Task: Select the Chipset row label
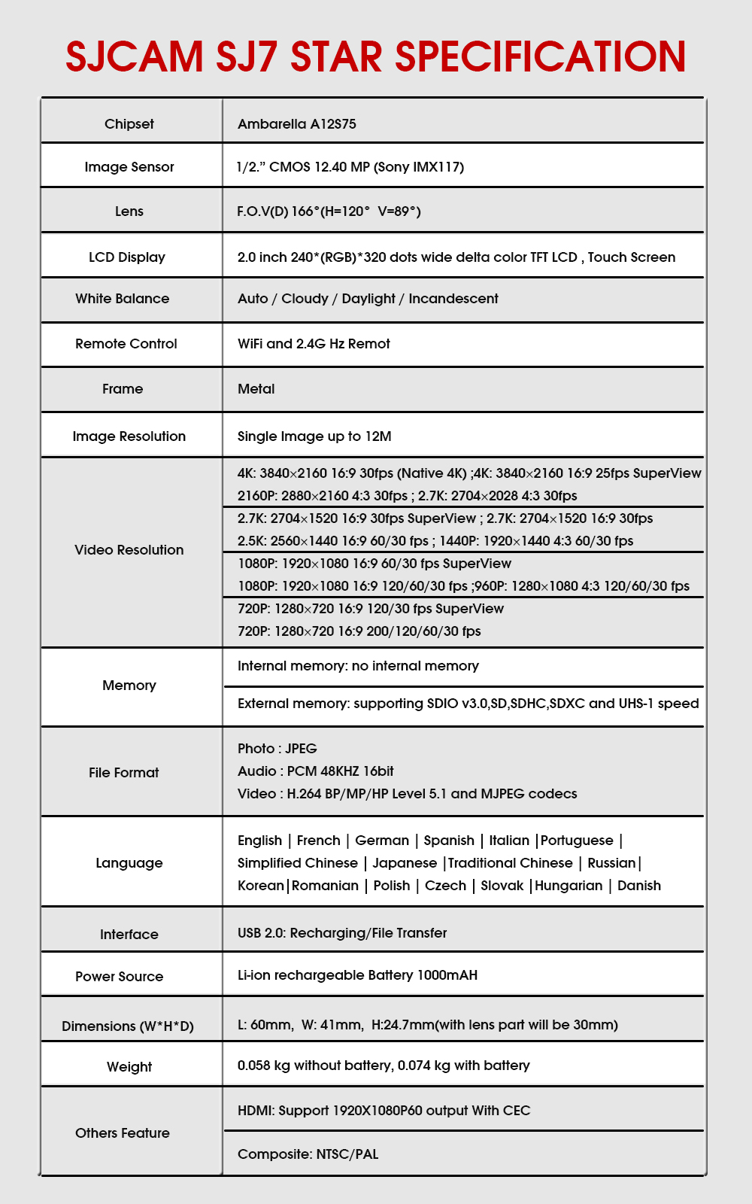tap(129, 124)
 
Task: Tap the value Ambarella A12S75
tap(297, 124)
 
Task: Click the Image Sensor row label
tap(129, 167)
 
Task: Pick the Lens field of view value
tap(329, 211)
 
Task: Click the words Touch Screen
tap(632, 257)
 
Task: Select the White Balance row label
tap(123, 299)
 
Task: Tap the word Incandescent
tap(453, 299)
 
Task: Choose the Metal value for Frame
tap(256, 389)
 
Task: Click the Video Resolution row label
tap(129, 550)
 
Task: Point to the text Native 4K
tap(432, 473)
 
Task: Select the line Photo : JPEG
tap(277, 749)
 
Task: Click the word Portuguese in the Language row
tap(577, 841)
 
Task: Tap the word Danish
tap(639, 886)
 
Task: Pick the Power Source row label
tap(120, 977)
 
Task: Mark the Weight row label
tap(129, 1067)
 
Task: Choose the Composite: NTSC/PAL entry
tap(308, 1154)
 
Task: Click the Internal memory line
tap(358, 666)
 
